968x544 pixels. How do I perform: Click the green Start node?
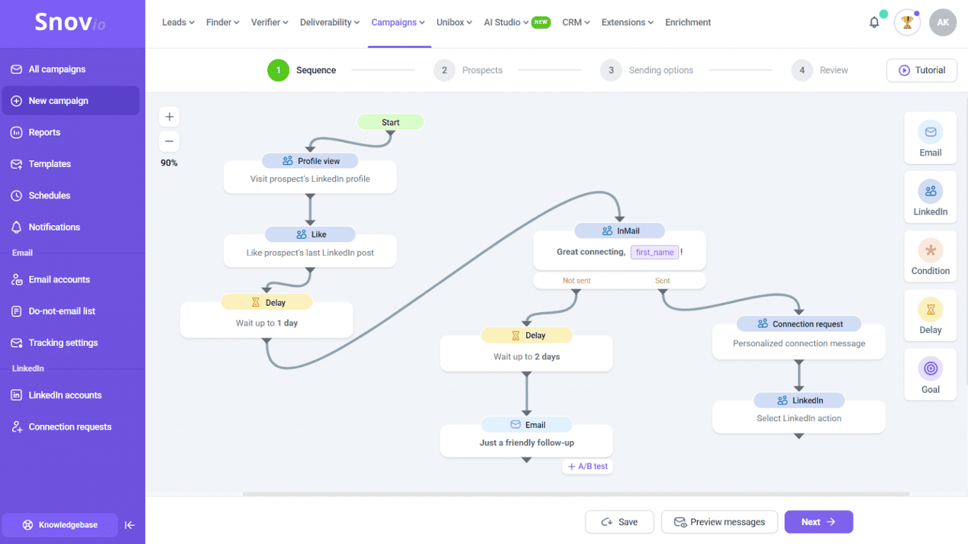(x=390, y=122)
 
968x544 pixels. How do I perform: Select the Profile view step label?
(x=311, y=161)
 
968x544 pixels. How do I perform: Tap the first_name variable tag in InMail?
(x=654, y=252)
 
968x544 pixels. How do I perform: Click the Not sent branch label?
(x=576, y=281)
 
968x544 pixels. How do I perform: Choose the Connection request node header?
(x=798, y=324)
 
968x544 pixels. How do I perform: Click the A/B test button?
(x=588, y=466)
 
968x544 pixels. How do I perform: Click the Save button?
(x=619, y=522)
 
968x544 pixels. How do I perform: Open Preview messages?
(x=719, y=522)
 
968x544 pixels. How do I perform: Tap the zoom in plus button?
(x=169, y=117)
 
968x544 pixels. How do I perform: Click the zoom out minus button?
(x=169, y=141)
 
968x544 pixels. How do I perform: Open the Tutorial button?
(x=921, y=70)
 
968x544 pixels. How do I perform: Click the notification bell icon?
(x=874, y=23)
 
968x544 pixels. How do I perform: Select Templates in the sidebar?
(x=50, y=164)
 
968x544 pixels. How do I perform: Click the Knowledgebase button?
(x=60, y=524)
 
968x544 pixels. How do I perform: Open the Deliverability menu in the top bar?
(x=330, y=23)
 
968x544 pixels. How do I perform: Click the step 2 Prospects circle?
(x=444, y=70)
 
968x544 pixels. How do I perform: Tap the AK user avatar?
(x=942, y=23)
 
